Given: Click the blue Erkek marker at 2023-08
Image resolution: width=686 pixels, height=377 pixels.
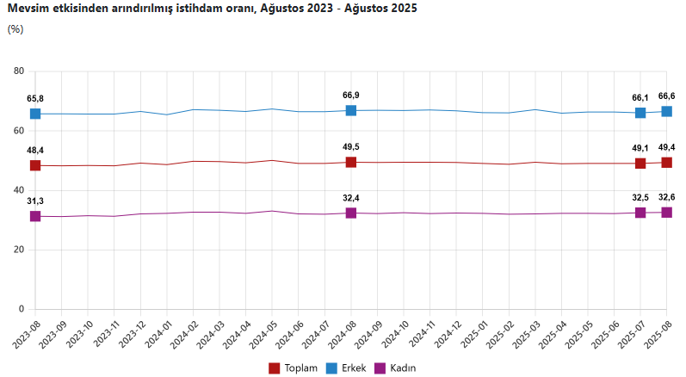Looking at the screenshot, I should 35,114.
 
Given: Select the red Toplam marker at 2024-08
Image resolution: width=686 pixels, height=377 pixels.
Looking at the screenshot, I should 351,162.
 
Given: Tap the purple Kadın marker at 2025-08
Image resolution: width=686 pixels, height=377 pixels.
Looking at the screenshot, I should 666,212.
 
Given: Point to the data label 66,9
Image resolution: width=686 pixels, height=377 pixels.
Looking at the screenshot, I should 351,96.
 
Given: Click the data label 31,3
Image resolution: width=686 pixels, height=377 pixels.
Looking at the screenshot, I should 35,201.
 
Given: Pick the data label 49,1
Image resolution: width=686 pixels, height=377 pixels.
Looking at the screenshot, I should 640,148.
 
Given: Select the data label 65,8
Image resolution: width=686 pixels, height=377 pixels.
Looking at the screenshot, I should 35,99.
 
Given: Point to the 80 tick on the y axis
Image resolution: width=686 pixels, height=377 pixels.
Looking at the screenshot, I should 19,71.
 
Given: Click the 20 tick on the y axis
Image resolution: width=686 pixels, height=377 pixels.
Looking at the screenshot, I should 19,250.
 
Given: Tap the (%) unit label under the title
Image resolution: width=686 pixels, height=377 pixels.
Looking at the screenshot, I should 15,28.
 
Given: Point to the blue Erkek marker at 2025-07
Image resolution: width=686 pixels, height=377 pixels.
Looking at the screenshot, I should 640,113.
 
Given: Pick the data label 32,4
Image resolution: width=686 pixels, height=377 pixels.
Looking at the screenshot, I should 351,197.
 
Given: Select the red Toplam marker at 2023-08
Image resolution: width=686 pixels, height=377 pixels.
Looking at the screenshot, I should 35,165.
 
